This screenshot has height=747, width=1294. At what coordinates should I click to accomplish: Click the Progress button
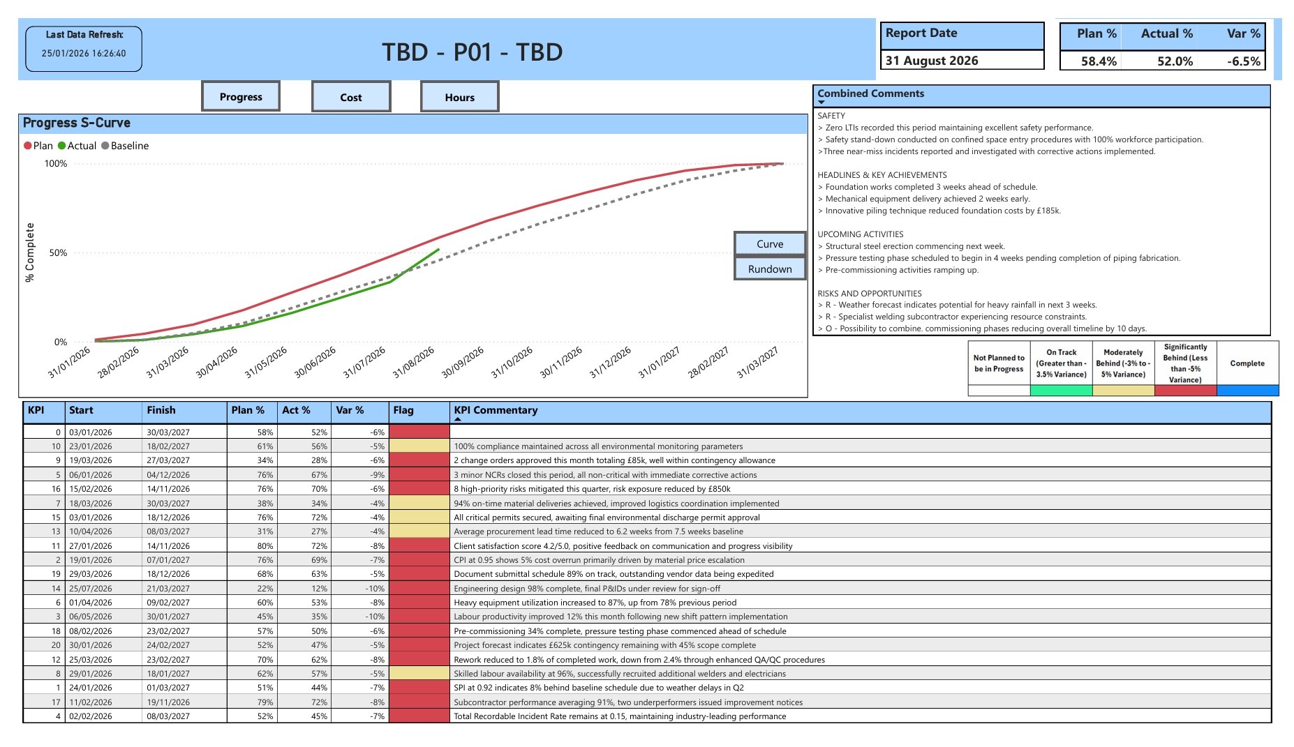click(x=241, y=97)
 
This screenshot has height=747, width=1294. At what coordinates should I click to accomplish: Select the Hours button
click(x=459, y=98)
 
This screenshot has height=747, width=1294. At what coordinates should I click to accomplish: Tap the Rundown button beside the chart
click(x=770, y=269)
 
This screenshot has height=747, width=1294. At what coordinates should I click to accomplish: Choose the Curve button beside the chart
click(x=770, y=244)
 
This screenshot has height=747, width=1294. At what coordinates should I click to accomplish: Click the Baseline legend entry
click(x=125, y=146)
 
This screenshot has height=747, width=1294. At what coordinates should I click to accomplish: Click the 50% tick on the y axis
click(x=58, y=253)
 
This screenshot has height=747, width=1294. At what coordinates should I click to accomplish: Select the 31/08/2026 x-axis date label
click(x=413, y=363)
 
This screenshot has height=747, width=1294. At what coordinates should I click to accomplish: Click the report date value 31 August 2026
click(x=932, y=61)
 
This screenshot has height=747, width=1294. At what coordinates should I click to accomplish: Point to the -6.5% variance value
click(x=1244, y=61)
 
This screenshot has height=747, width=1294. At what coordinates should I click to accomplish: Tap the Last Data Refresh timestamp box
click(x=84, y=49)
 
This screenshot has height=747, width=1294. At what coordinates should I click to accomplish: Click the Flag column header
click(x=403, y=411)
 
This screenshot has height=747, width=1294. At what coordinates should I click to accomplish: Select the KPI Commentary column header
click(x=496, y=411)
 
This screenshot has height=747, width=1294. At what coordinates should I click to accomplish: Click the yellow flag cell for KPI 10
click(x=419, y=446)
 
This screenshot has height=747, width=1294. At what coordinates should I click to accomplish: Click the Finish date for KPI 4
click(x=168, y=716)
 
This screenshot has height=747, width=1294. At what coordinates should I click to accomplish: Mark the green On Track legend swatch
click(x=1061, y=391)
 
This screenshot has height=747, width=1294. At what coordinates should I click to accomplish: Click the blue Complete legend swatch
click(x=1247, y=391)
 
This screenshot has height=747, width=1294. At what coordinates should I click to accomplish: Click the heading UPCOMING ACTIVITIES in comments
click(x=860, y=234)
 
